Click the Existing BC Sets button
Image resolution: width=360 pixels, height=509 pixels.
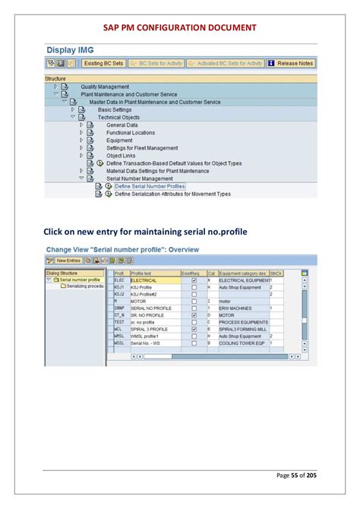coord(103,64)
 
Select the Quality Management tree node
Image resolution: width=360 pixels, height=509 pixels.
coord(105,87)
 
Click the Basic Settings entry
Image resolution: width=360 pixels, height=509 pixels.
coord(115,109)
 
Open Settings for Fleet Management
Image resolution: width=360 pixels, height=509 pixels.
coord(142,148)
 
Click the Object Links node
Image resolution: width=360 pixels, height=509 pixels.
coord(120,156)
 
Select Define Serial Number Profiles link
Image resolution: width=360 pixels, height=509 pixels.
coord(150,186)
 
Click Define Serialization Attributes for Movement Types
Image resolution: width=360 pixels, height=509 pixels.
coord(172,194)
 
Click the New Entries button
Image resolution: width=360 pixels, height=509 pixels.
coord(67,261)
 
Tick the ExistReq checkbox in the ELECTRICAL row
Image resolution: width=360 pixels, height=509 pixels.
coord(194,280)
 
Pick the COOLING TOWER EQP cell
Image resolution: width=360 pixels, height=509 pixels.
coord(242,343)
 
